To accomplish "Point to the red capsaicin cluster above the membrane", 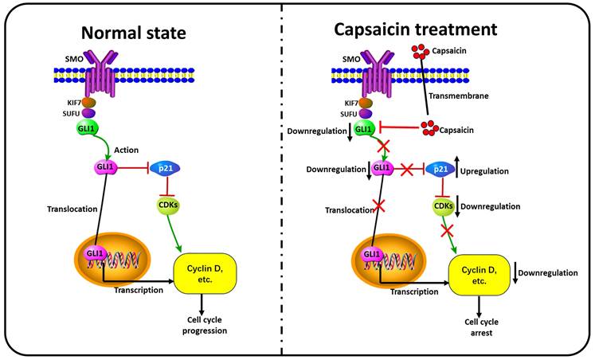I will pos(420,55).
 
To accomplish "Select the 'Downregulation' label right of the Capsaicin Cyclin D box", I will pos(547,272).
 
